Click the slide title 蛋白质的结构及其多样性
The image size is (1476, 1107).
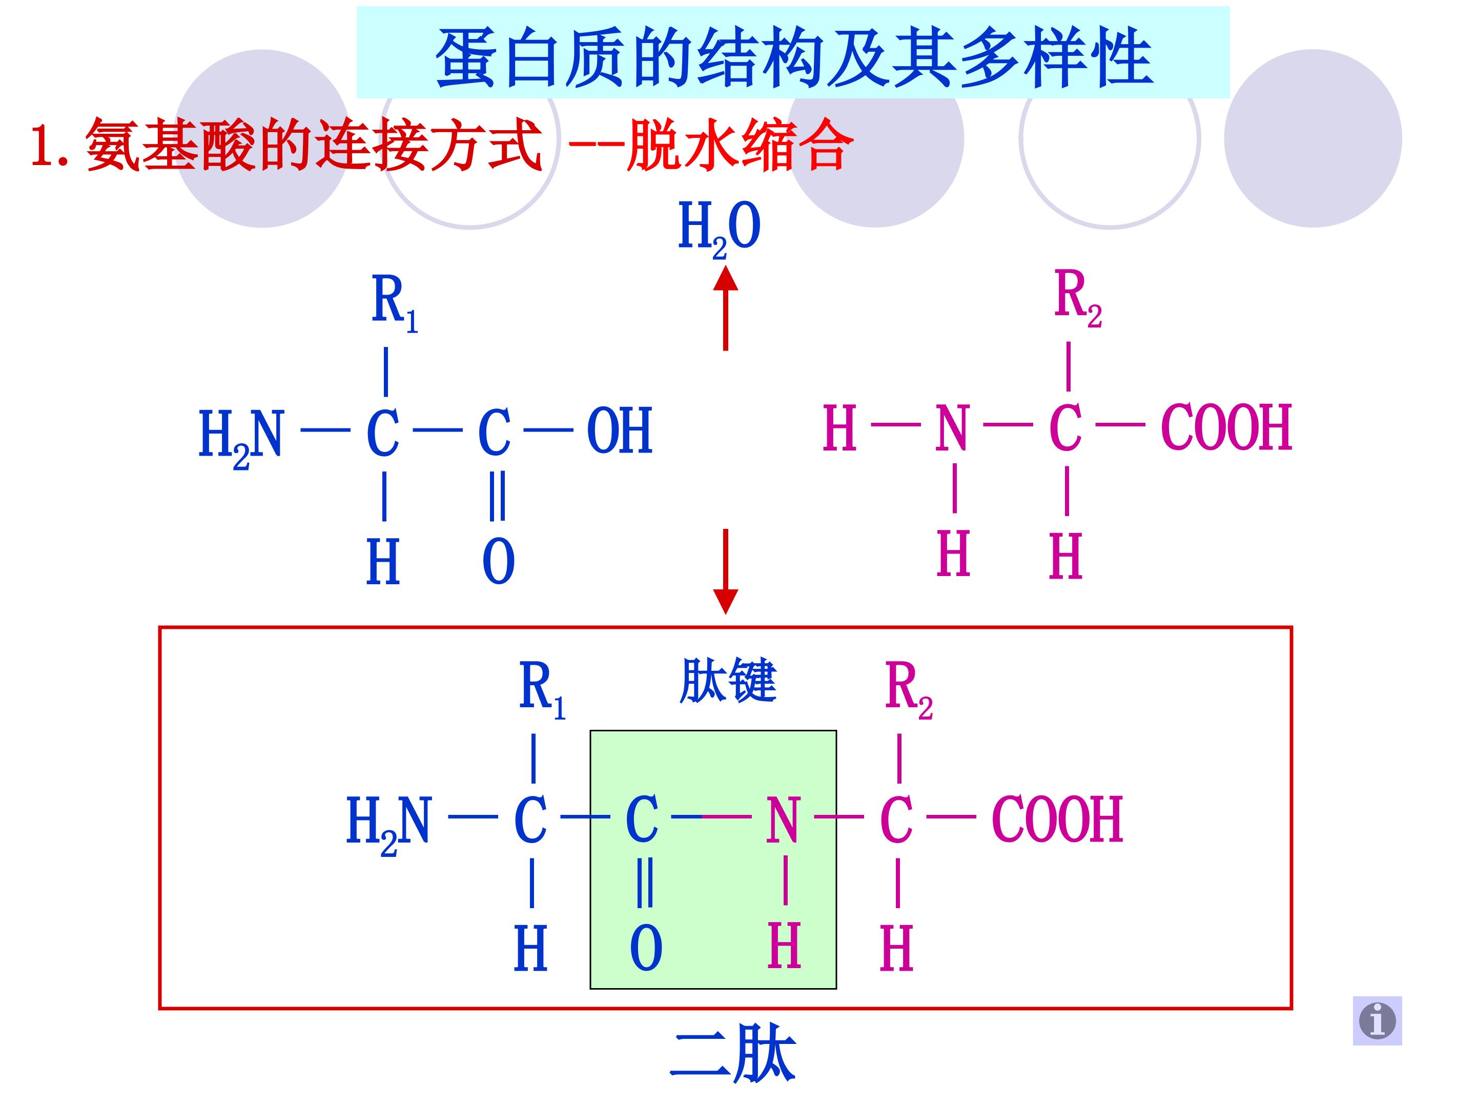click(x=794, y=58)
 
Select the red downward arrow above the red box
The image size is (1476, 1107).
click(x=725, y=571)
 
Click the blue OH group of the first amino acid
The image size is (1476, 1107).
click(x=619, y=430)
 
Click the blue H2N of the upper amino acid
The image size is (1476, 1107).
click(x=241, y=437)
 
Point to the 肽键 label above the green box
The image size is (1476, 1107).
click(x=728, y=681)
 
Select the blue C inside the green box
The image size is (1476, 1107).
click(x=642, y=821)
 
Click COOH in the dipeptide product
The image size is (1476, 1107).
click(x=1058, y=820)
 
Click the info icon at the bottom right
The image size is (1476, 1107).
click(x=1377, y=1020)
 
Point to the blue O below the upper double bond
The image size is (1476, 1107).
click(x=499, y=562)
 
